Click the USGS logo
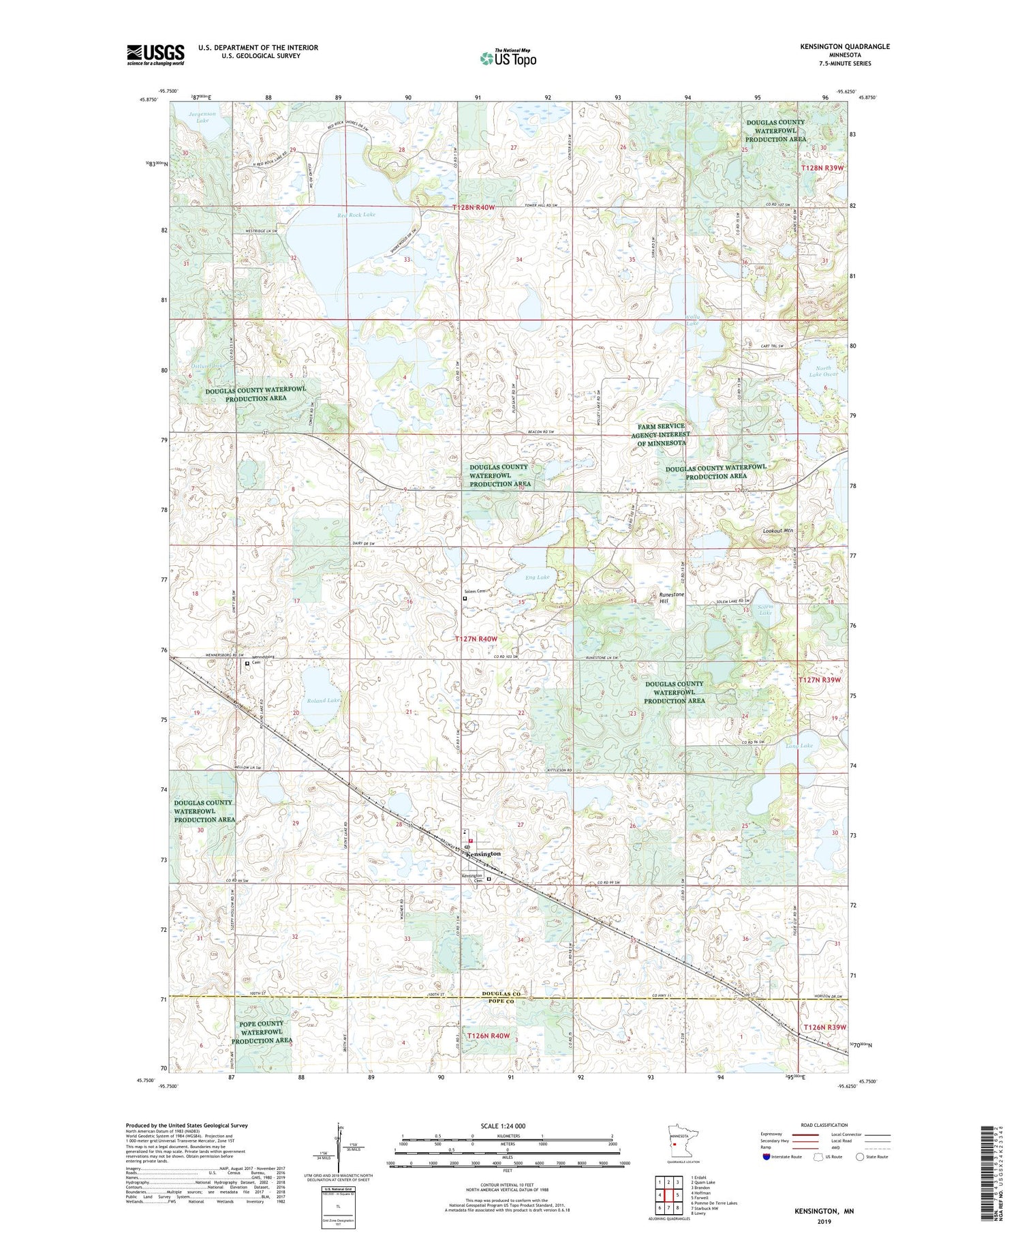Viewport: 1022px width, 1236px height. pos(155,55)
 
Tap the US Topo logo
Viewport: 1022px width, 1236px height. pos(508,59)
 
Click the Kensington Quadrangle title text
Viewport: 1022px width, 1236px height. pos(835,46)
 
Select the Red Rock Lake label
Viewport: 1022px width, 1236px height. pos(356,215)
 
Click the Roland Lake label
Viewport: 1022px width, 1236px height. pos(323,700)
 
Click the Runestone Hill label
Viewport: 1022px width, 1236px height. pos(672,598)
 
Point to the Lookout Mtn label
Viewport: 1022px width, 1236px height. pos(778,530)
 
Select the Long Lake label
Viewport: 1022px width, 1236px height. pos(799,746)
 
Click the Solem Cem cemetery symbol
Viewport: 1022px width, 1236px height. pos(465,599)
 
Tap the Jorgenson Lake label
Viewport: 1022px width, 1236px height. pos(202,117)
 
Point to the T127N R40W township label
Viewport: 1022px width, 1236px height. pos(476,639)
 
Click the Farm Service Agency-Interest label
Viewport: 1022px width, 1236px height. pos(660,434)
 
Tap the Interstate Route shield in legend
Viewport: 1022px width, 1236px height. pos(766,1157)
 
